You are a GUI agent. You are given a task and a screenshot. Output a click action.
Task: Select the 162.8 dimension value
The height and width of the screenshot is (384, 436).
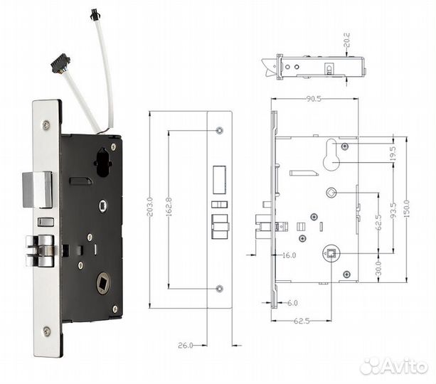tap(169, 211)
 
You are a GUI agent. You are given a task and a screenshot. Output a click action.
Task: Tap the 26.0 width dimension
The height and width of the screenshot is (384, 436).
tap(186, 345)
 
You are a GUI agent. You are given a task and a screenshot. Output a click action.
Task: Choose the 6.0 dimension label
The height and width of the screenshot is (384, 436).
tap(292, 303)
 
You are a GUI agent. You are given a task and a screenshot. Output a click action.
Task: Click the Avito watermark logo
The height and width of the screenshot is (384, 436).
tap(394, 366)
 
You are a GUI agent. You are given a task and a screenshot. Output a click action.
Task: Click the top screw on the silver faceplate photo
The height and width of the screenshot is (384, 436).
tap(46, 125)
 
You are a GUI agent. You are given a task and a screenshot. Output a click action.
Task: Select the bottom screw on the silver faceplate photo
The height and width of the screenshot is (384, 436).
tap(46, 331)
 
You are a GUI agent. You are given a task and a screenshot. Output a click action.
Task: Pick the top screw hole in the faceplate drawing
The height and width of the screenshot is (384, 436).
tap(219, 131)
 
